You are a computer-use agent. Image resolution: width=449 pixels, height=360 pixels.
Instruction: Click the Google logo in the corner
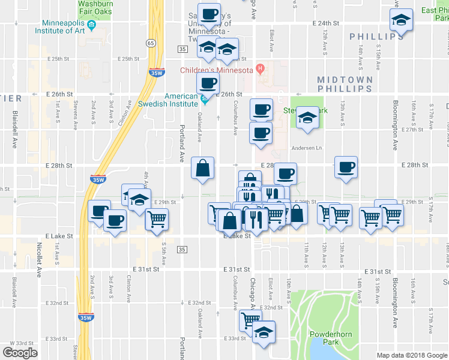pos(20,353)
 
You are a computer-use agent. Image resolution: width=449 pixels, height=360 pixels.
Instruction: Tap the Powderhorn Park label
pos(325,337)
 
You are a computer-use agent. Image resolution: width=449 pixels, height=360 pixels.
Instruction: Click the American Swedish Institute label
pos(181,100)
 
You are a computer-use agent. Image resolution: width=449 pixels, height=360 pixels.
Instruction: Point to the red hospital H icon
pos(260,69)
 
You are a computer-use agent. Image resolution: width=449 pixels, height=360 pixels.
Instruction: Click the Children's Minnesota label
pos(217,70)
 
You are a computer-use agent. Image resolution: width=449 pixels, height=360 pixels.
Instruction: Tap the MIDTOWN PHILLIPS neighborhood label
pos(345,84)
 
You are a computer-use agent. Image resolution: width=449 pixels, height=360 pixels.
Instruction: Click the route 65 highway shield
pos(151,43)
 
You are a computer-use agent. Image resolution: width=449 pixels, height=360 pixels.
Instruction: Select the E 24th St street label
pos(326,23)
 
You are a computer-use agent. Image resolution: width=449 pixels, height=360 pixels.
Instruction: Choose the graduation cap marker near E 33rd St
pos(263,332)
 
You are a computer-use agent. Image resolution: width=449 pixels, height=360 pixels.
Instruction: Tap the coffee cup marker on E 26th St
pos(208,83)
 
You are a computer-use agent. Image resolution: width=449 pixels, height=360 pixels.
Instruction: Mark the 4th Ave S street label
pos(146,179)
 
